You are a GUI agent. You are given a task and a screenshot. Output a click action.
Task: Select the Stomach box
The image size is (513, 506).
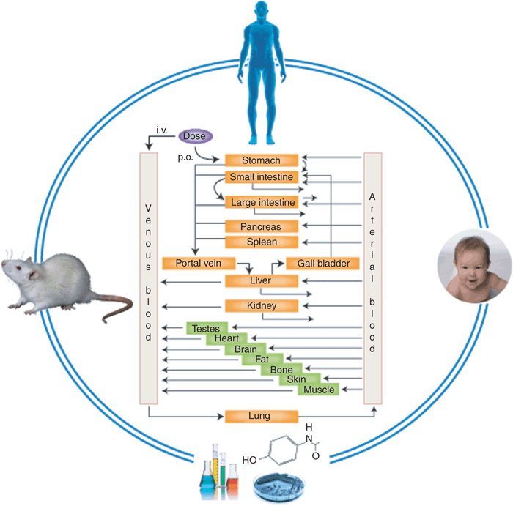click(262, 160)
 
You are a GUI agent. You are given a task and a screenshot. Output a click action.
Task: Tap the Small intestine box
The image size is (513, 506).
click(262, 177)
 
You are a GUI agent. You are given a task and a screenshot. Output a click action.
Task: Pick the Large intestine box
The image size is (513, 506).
click(262, 202)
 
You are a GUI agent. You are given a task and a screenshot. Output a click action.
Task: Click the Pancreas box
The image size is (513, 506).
click(262, 226)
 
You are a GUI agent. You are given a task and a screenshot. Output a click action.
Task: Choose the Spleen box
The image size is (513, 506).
click(262, 242)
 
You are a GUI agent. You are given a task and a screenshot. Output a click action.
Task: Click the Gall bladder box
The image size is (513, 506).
click(322, 263)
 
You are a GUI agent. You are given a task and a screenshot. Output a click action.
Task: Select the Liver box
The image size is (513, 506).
click(262, 280)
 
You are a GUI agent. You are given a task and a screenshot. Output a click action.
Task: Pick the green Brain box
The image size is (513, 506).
click(246, 349)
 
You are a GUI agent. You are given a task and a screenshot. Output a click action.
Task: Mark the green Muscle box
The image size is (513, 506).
click(320, 390)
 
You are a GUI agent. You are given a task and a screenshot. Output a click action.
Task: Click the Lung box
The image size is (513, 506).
click(262, 416)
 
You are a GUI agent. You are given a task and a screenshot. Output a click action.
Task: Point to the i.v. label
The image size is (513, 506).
click(162, 130)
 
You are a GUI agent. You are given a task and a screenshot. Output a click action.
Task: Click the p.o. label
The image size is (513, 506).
click(185, 157)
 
